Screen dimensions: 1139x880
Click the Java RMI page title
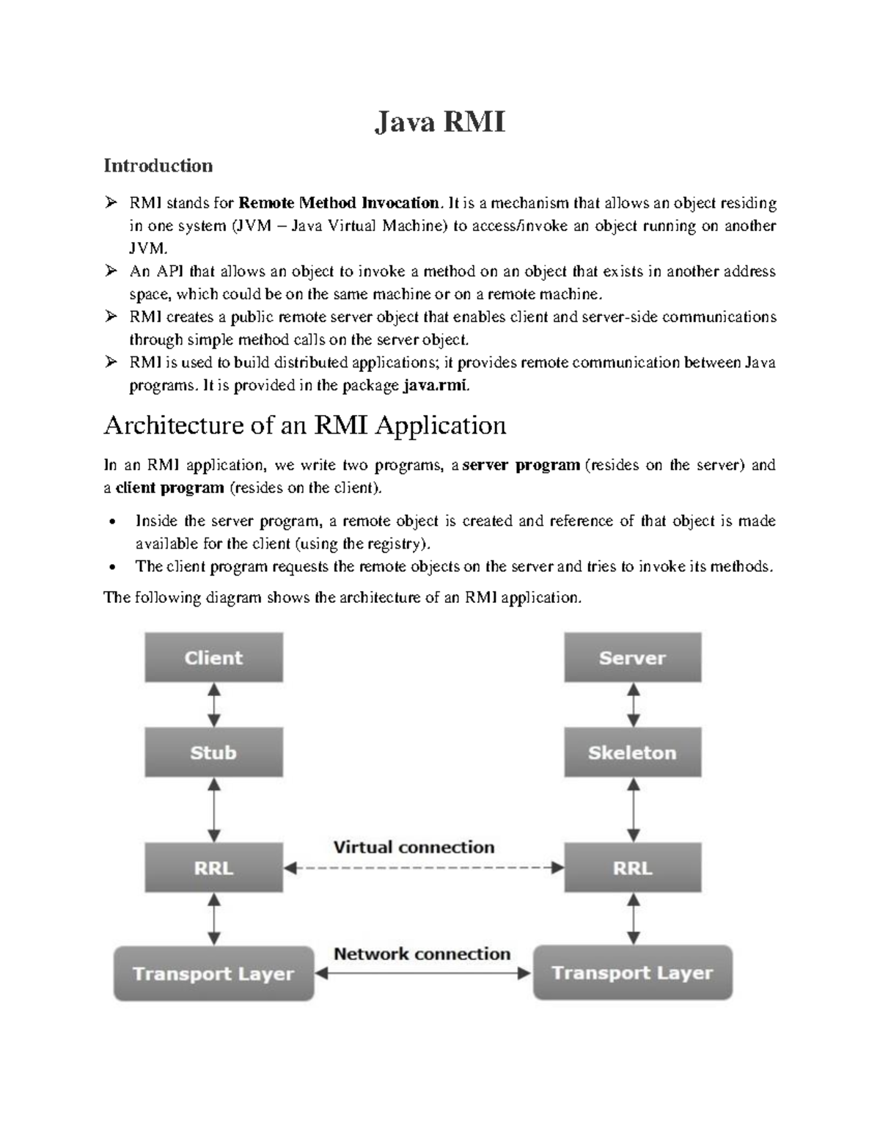coord(440,121)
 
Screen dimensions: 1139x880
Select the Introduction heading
coord(158,166)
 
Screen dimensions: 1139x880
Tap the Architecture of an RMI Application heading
coord(305,425)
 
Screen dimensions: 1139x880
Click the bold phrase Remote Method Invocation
coord(339,203)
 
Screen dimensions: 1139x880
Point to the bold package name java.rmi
coord(435,386)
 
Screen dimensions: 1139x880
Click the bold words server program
coord(521,465)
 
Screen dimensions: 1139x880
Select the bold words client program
coord(170,488)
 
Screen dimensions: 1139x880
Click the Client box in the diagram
coord(213,658)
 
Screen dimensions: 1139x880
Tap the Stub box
coord(213,752)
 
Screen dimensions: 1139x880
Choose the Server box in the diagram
coord(632,658)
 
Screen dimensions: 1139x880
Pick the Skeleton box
coord(632,752)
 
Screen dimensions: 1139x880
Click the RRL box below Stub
coord(213,868)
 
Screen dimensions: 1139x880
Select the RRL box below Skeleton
coord(632,868)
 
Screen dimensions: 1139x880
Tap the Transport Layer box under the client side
coord(213,974)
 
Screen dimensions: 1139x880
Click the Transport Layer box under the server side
coord(632,973)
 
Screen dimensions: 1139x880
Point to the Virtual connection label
coord(414,847)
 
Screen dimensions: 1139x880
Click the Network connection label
coord(422,953)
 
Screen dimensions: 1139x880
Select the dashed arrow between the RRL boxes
coord(423,868)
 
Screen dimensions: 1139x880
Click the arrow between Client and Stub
coord(213,705)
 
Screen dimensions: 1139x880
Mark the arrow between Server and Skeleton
coord(633,705)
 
